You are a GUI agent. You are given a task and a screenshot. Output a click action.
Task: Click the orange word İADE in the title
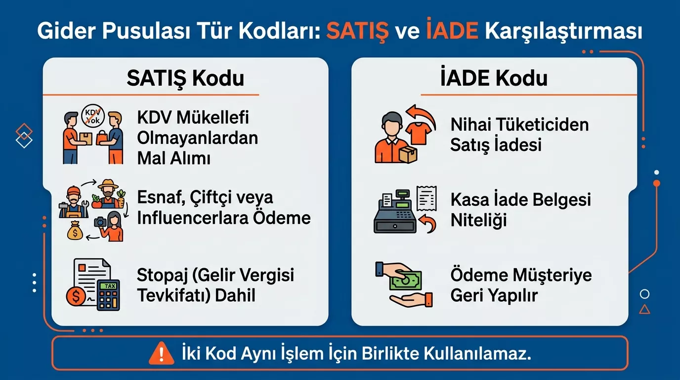pyautogui.click(x=452, y=32)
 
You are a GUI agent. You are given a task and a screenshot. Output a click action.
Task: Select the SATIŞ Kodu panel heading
pyautogui.click(x=185, y=78)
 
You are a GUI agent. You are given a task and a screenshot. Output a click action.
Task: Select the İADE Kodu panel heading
pyautogui.click(x=494, y=78)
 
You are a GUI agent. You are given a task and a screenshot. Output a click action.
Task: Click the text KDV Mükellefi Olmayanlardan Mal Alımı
pyautogui.click(x=198, y=138)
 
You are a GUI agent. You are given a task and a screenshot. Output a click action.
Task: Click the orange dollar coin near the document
pyautogui.click(x=77, y=296)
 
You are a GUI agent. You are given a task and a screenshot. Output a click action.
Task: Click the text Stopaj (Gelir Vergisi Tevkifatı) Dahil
pyautogui.click(x=215, y=285)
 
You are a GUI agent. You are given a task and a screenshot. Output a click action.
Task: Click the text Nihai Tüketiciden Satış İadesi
pyautogui.click(x=519, y=134)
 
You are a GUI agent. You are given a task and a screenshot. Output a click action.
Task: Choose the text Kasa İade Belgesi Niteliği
pyautogui.click(x=520, y=210)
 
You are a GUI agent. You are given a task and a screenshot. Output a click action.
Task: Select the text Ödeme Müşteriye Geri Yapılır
pyautogui.click(x=521, y=285)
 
